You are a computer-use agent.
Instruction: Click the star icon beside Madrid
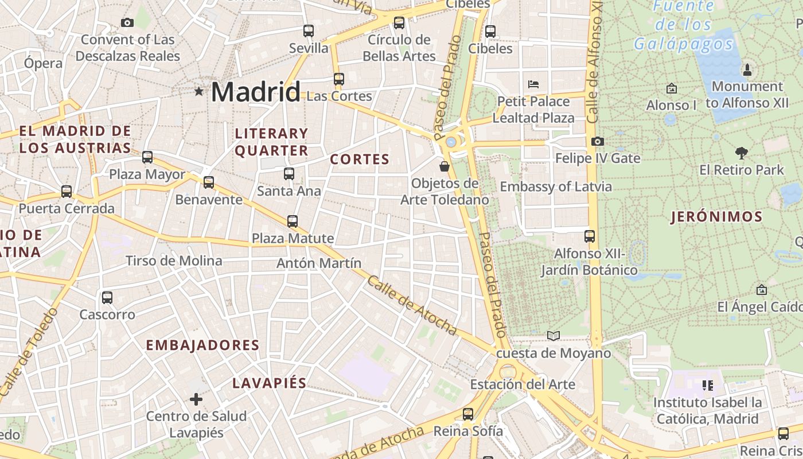tap(199, 91)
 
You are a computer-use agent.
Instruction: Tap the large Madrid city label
tap(256, 92)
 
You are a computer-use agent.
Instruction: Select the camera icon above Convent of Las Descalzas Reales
tap(127, 23)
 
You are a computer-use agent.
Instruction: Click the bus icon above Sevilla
tap(309, 31)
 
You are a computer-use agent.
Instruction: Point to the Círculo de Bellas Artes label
tap(399, 48)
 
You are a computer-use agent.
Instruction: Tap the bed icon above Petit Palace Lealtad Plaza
tap(533, 84)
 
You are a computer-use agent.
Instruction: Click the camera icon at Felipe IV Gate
tap(597, 141)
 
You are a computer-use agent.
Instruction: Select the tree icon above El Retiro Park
tap(741, 153)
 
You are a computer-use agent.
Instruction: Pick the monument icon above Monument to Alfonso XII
tap(747, 70)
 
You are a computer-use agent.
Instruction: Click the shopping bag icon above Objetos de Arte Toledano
tap(444, 167)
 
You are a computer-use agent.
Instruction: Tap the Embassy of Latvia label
tap(555, 186)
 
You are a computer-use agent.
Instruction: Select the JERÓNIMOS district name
tap(716, 217)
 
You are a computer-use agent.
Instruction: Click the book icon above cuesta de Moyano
tap(553, 336)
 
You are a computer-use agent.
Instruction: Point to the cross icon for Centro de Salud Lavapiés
tap(196, 399)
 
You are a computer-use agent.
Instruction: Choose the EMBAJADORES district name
tap(202, 345)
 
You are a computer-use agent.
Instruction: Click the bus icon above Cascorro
tap(107, 298)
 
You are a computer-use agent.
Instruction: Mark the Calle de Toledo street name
tap(29, 353)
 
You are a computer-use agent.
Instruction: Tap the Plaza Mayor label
tap(147, 174)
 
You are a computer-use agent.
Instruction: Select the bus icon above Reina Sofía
tap(468, 414)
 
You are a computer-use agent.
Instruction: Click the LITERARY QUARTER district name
tap(271, 142)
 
